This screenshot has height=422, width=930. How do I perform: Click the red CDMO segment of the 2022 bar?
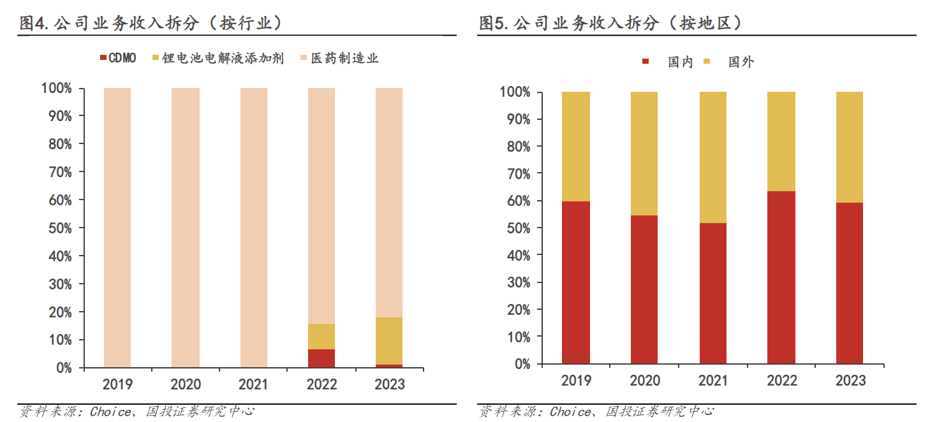pos(321,358)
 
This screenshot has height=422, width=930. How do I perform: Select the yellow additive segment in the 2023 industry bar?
pos(389,340)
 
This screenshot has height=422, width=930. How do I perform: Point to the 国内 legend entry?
pos(674,62)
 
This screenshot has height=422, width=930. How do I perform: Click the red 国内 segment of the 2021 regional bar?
pos(713,293)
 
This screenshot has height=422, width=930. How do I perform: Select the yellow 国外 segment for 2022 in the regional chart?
pos(781,142)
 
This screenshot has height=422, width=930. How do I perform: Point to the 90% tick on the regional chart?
pos(517,119)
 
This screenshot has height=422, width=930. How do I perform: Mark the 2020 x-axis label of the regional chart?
pos(645,381)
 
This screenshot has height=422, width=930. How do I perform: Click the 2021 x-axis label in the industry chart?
pos(253,384)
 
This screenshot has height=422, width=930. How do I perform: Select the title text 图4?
pos(34,24)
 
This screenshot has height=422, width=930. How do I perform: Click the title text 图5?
pos(493,24)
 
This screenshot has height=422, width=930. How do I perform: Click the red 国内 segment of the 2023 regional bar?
pos(849,283)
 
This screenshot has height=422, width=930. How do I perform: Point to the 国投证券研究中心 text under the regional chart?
pos(660,412)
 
